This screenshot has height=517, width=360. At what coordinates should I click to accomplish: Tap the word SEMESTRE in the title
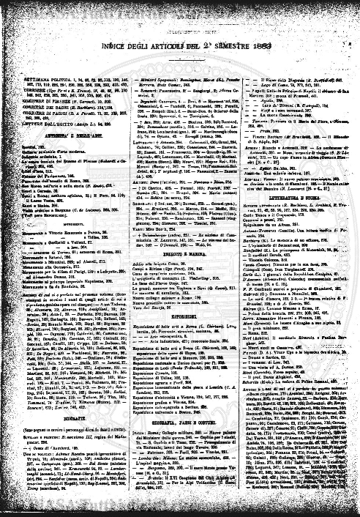[x=230, y=29]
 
